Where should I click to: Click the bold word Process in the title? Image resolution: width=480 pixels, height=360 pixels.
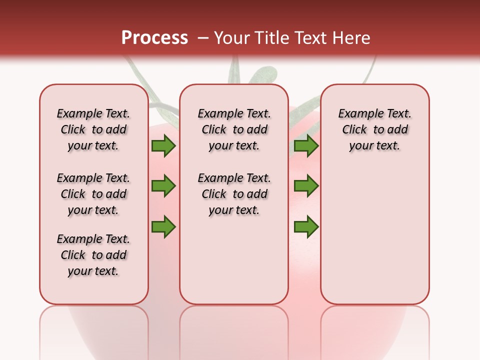pos(154,37)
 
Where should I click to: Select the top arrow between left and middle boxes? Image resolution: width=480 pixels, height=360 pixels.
pos(163,145)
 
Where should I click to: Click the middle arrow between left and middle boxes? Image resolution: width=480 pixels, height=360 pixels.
pos(163,186)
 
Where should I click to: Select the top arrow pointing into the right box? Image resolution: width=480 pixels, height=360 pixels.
pos(306,145)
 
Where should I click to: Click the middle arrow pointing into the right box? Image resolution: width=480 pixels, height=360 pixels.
pos(306,186)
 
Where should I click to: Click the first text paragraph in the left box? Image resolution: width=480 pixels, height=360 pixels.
pos(93,129)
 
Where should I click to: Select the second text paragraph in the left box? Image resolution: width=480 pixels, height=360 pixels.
pos(93,194)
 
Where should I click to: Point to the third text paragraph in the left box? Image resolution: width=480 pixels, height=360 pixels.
pos(93,255)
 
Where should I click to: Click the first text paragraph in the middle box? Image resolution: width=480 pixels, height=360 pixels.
pos(234,129)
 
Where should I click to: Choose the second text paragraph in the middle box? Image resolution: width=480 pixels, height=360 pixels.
pos(234,194)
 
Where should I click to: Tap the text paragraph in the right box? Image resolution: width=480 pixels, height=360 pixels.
pos(375,129)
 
